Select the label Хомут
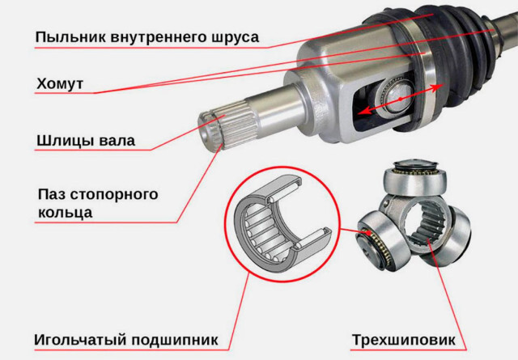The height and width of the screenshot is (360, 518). pos(60,83)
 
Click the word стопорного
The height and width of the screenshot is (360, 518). pos(113,195)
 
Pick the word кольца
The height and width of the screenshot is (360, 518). pos(65,213)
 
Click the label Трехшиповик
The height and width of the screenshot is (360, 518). pos(403,340)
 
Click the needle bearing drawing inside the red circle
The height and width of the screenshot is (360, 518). pos(282,224)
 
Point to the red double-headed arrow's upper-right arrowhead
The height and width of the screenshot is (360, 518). pos(437,87)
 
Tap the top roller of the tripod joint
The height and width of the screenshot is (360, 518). pos(415,178)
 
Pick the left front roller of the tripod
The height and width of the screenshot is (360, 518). pos(383,240)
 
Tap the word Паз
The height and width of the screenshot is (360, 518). pos(51,194)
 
